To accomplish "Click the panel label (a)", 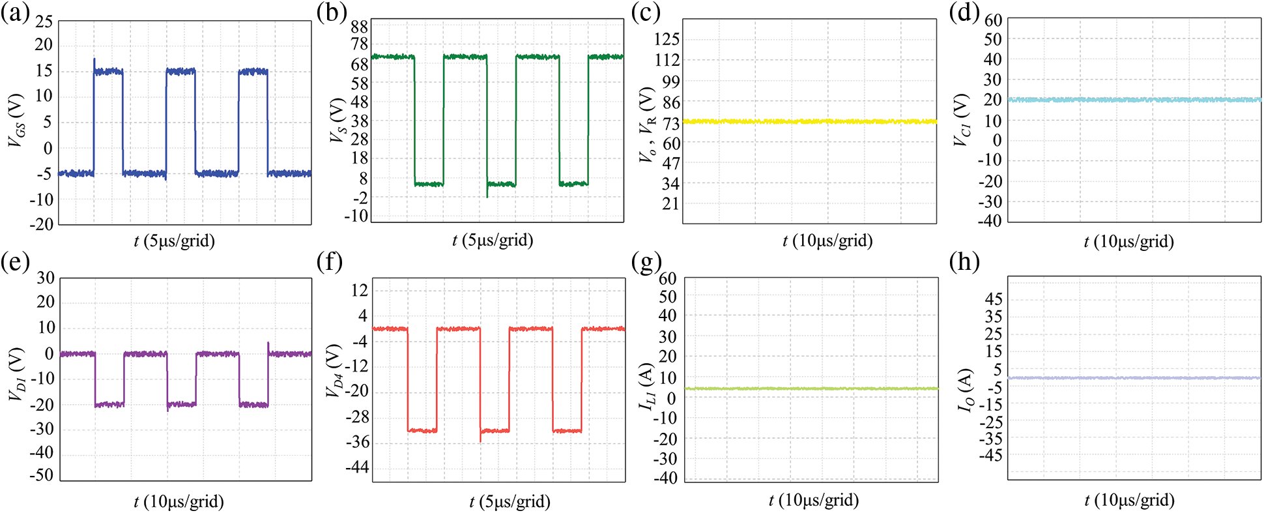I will pos(14,13).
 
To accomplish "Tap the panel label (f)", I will pos(330,263).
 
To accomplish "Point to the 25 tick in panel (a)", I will pos(44,22).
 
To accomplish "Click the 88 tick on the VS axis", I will pos(359,27).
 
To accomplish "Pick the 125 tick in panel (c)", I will pos(667,39).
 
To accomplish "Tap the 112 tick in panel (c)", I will pos(667,60).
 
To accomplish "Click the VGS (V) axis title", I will pos(16,120).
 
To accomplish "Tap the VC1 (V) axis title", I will pos(962,120).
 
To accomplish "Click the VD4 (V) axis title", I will pos(334,372).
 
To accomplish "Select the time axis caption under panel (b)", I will pos(493,241).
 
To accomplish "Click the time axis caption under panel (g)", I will pos(813,501).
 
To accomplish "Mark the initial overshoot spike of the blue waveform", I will pos(94,60).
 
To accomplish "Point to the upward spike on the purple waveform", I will pos(268,344).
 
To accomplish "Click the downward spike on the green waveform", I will pos(487,195).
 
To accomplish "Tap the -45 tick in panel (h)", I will pos(990,456).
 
